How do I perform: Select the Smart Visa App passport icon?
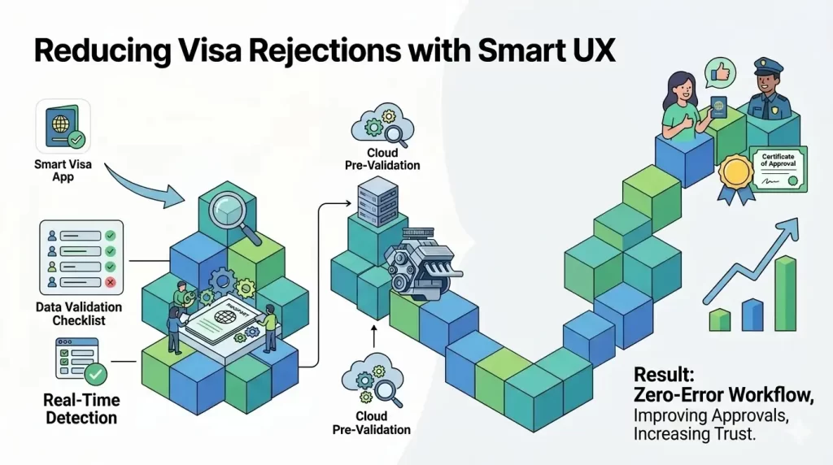[63, 127]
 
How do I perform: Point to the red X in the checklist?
[110, 282]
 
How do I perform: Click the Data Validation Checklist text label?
[79, 314]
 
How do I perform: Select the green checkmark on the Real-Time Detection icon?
[96, 373]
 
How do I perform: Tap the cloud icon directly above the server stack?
[381, 128]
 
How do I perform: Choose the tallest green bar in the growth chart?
[785, 294]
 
